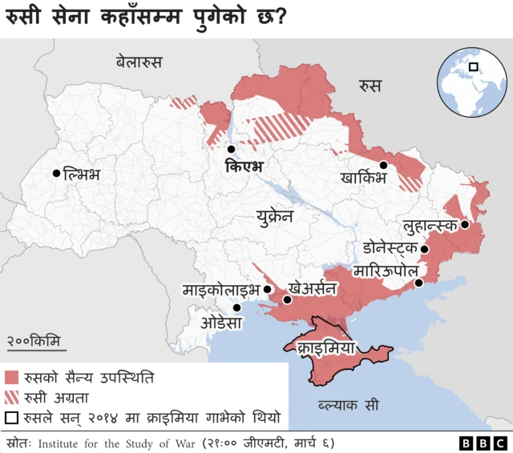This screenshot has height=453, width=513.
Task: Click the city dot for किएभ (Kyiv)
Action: [231, 149]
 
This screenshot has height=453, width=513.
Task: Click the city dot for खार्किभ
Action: [384, 165]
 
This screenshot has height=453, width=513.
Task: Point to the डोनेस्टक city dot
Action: [425, 250]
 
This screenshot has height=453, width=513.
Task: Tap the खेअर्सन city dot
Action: [286, 299]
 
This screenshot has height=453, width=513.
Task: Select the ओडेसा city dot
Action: [236, 307]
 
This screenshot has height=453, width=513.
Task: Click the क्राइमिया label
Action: [326, 348]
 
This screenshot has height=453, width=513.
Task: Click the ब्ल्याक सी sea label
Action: [347, 404]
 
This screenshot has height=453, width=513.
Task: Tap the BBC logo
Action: [483, 443]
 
